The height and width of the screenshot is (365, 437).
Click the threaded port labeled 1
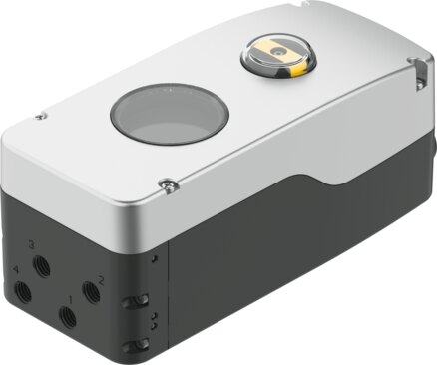click(x=68, y=317)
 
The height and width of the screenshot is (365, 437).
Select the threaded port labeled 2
click(x=91, y=292)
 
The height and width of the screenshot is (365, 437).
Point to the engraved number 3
click(x=32, y=245)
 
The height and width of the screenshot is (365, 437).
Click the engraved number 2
click(x=101, y=282)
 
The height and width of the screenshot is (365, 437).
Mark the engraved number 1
click(x=71, y=299)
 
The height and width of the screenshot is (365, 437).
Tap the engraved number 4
click(x=15, y=270)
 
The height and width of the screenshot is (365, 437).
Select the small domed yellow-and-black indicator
click(x=278, y=57)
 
